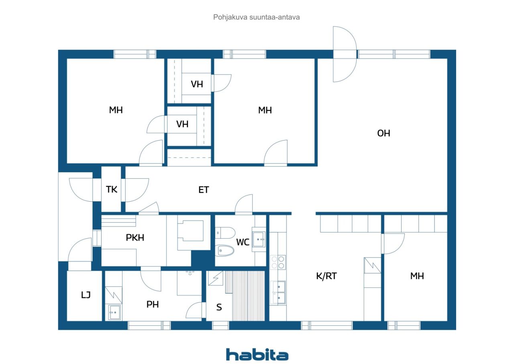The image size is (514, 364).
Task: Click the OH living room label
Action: (383, 133)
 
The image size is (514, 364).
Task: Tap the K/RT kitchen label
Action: (326, 276)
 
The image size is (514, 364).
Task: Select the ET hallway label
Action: (204, 190)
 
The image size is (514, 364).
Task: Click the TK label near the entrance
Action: (112, 189)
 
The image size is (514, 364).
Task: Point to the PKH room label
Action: (135, 237)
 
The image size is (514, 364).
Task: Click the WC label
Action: (243, 242)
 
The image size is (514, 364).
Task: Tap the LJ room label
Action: (86, 295)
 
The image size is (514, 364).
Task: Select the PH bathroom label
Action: (152, 305)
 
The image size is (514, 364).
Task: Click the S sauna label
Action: (219, 307)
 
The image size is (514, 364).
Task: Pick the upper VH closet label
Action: (197, 84)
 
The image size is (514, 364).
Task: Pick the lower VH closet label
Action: (182, 124)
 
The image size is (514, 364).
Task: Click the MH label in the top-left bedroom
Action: (116, 110)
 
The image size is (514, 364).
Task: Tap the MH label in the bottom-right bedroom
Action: (417, 276)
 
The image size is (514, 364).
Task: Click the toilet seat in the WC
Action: (225, 251)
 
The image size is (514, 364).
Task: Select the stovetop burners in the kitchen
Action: (277, 262)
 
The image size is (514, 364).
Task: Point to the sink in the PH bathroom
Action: (114, 311)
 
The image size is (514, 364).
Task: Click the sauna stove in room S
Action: (215, 278)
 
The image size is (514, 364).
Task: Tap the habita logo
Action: (257, 355)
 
